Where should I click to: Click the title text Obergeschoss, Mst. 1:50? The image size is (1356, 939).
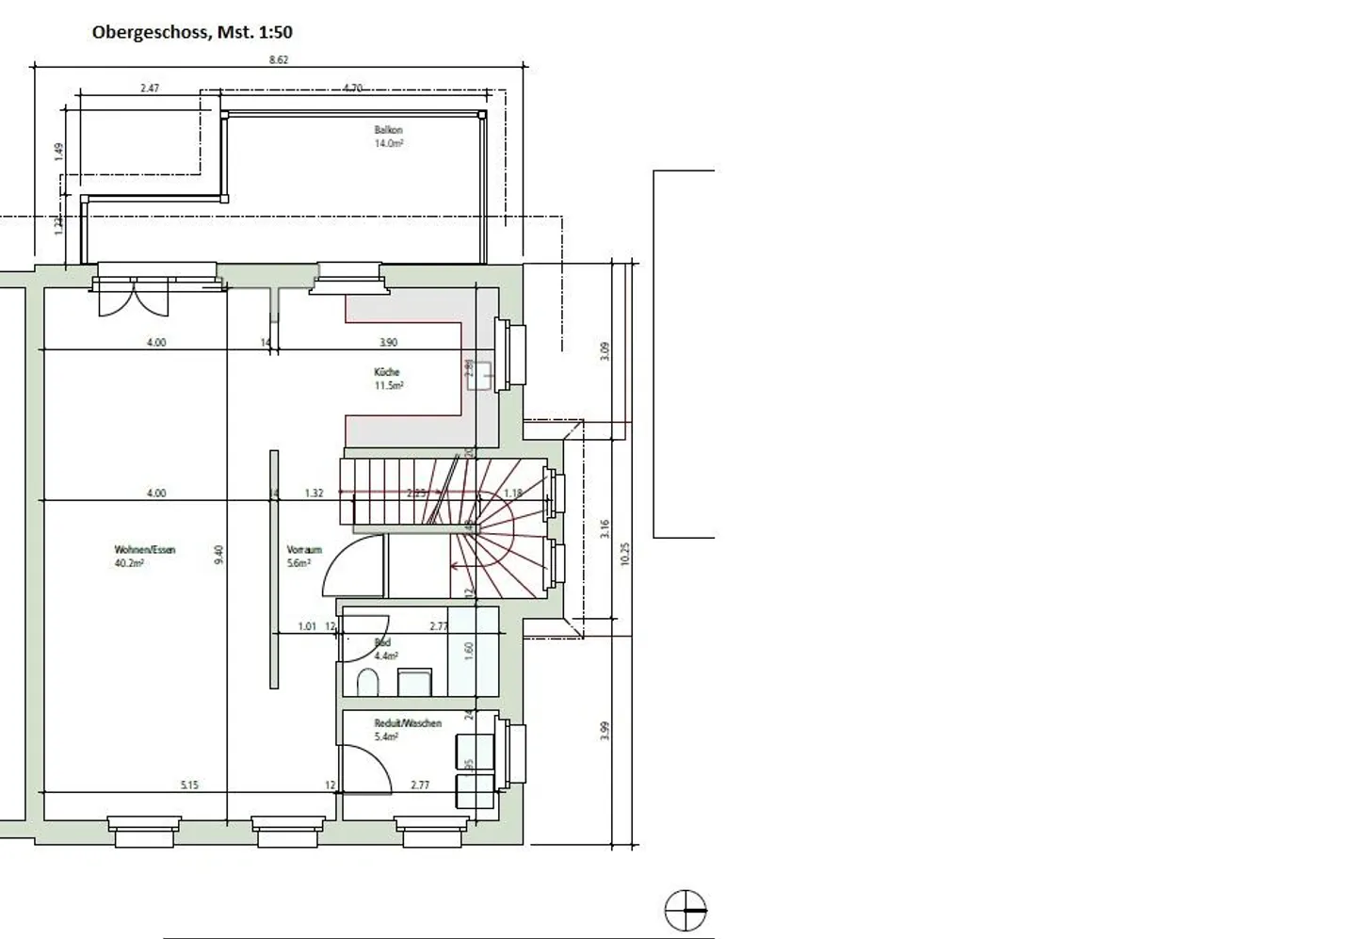192,32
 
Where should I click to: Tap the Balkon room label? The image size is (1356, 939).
388,130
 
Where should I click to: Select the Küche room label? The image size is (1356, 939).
386,372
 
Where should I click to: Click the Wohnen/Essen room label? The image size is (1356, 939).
145,549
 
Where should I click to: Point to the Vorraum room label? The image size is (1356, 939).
304,549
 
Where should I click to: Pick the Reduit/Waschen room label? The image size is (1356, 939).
408,723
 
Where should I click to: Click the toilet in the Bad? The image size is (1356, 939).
367,680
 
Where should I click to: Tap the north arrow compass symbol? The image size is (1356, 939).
686,911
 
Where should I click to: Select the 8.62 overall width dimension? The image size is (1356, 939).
278,59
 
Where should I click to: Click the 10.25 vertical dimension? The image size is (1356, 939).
625,553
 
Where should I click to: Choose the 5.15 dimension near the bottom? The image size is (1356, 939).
189,785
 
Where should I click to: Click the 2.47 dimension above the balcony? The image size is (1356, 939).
150,88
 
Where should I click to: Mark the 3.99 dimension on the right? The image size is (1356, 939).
605,730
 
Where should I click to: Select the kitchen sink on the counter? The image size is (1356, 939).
484,374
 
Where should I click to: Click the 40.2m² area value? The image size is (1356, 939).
128,563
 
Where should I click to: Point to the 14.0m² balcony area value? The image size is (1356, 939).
388,143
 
